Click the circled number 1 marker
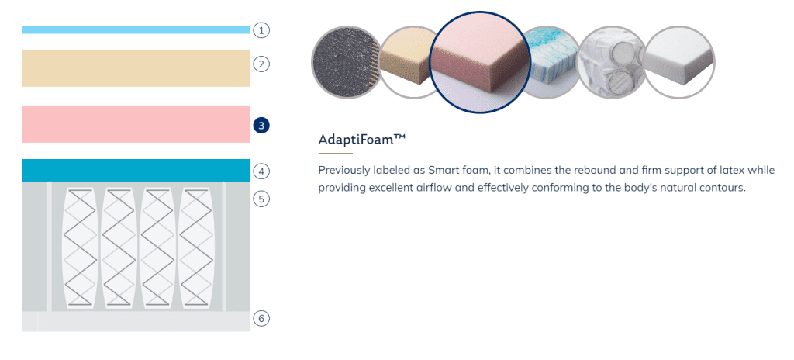click(261, 30)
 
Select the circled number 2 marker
click(261, 64)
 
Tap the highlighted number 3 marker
click(261, 125)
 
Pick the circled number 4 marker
click(261, 171)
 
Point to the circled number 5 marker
click(261, 199)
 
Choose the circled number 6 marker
click(261, 318)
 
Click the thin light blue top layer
click(136, 30)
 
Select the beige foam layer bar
click(136, 68)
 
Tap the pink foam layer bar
click(136, 124)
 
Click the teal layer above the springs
click(136, 171)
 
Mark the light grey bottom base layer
click(136, 321)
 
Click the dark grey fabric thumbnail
click(346, 62)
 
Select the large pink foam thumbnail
click(479, 62)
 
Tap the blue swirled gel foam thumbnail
click(550, 62)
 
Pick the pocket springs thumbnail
click(612, 62)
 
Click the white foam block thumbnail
click(679, 62)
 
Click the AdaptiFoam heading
click(362, 140)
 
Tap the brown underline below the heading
click(335, 153)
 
